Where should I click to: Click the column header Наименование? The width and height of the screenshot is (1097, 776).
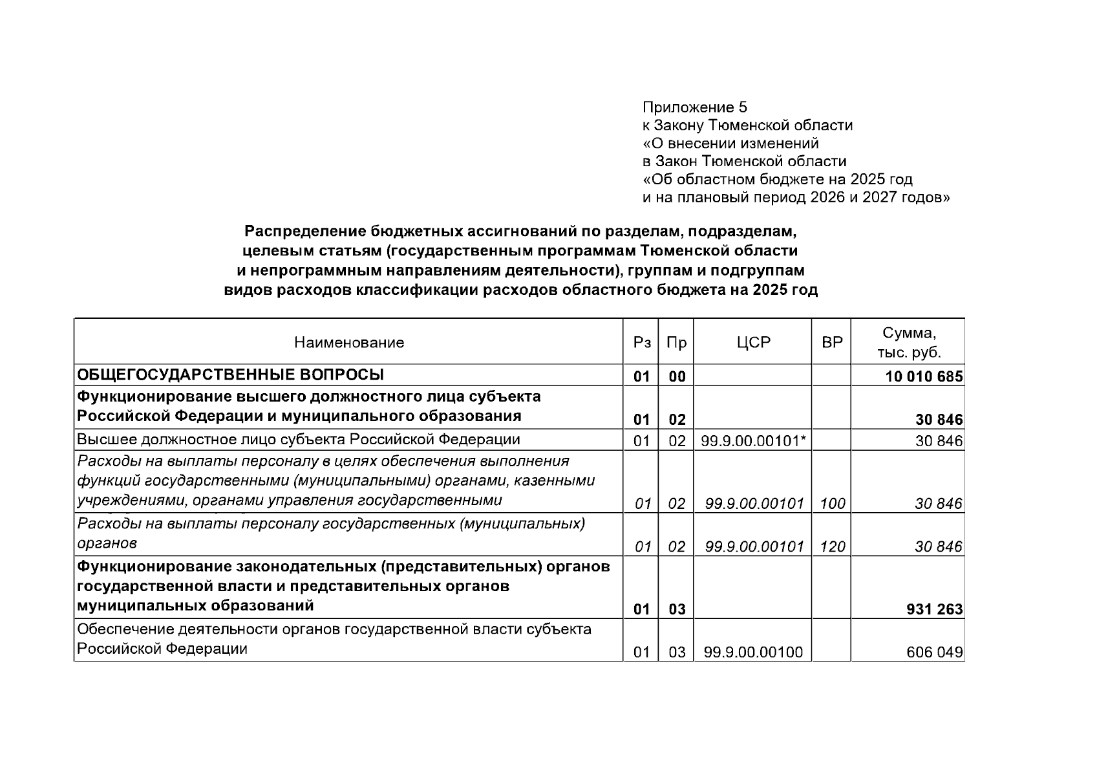coord(349,343)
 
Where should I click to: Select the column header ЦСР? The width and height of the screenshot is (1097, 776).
coord(753,343)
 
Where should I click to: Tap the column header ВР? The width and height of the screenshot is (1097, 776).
coord(832,343)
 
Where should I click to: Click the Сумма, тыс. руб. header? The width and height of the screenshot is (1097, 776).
coord(908,343)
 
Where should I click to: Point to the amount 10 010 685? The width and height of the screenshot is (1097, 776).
coord(924,376)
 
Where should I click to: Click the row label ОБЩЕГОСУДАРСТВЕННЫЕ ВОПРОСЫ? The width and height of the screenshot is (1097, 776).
coord(230,375)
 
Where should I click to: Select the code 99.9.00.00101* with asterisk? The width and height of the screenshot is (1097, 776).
coord(754,441)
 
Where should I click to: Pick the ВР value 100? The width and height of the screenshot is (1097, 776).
coord(832,504)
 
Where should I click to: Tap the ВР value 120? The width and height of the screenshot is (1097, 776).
coord(832,547)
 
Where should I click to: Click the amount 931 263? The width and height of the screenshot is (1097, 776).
coord(934,609)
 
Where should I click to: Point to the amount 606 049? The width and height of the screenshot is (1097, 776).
coord(934,652)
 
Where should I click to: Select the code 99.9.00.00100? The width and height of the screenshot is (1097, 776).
coord(753,652)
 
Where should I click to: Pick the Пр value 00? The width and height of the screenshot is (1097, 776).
coord(677,376)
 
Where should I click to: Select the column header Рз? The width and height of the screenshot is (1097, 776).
coord(641,343)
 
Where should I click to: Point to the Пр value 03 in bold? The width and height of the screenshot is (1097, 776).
coord(677,609)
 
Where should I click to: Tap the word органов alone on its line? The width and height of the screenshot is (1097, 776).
coord(107,543)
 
